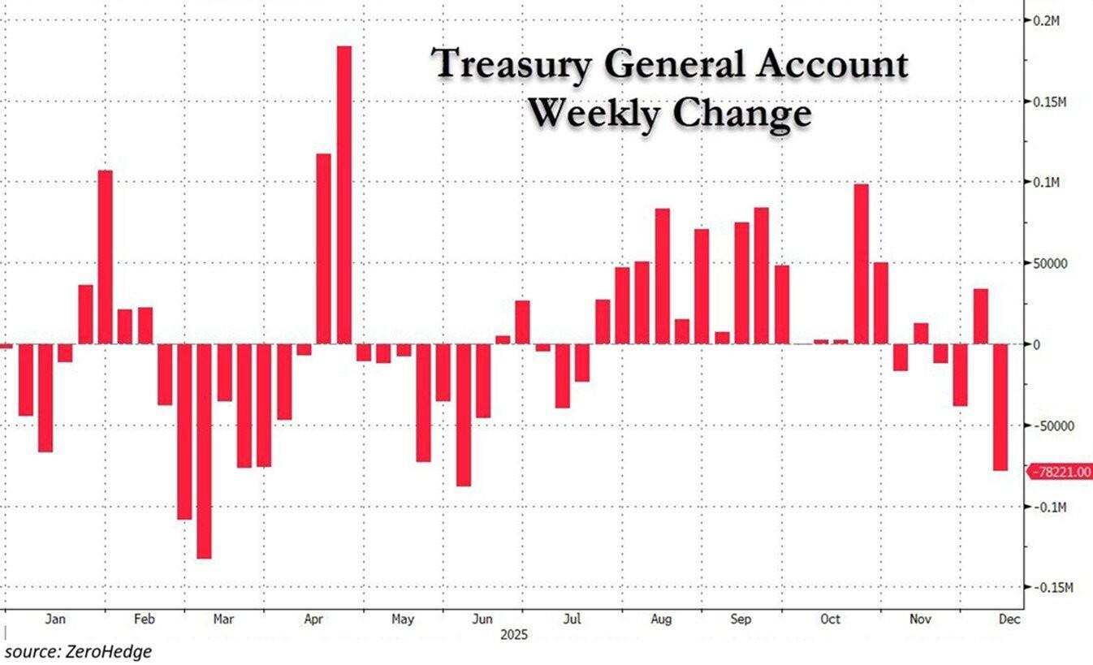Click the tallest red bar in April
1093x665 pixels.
coord(343,195)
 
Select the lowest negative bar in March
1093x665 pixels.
coord(204,451)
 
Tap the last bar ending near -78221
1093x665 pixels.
coord(1000,407)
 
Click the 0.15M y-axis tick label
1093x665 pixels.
coord(1051,102)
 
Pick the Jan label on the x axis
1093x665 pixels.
coord(55,620)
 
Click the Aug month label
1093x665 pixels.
coord(661,620)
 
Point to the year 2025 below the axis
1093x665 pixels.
coord(514,635)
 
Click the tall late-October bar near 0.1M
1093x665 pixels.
coord(862,264)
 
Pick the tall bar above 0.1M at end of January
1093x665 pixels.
coord(105,257)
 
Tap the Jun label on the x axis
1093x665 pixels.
coord(482,620)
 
